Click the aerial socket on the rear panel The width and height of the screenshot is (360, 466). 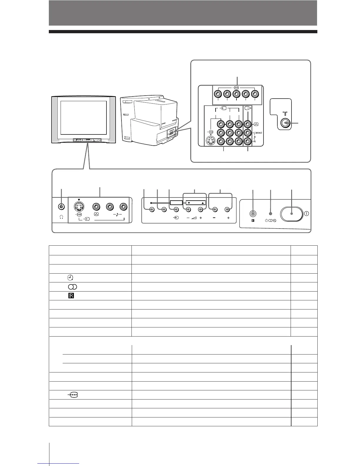tap(284, 123)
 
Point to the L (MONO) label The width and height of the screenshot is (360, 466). tap(258, 132)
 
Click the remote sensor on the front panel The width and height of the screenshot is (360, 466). tap(252, 214)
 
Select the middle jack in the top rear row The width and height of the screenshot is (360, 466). tap(236, 94)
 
